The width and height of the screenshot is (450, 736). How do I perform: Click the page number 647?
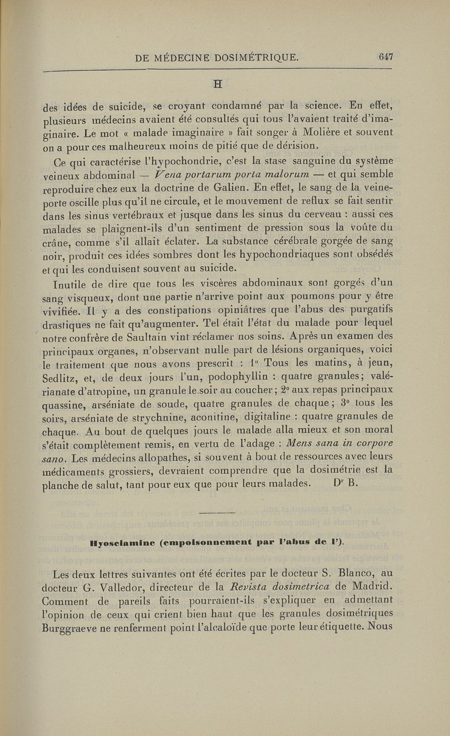click(x=385, y=56)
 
